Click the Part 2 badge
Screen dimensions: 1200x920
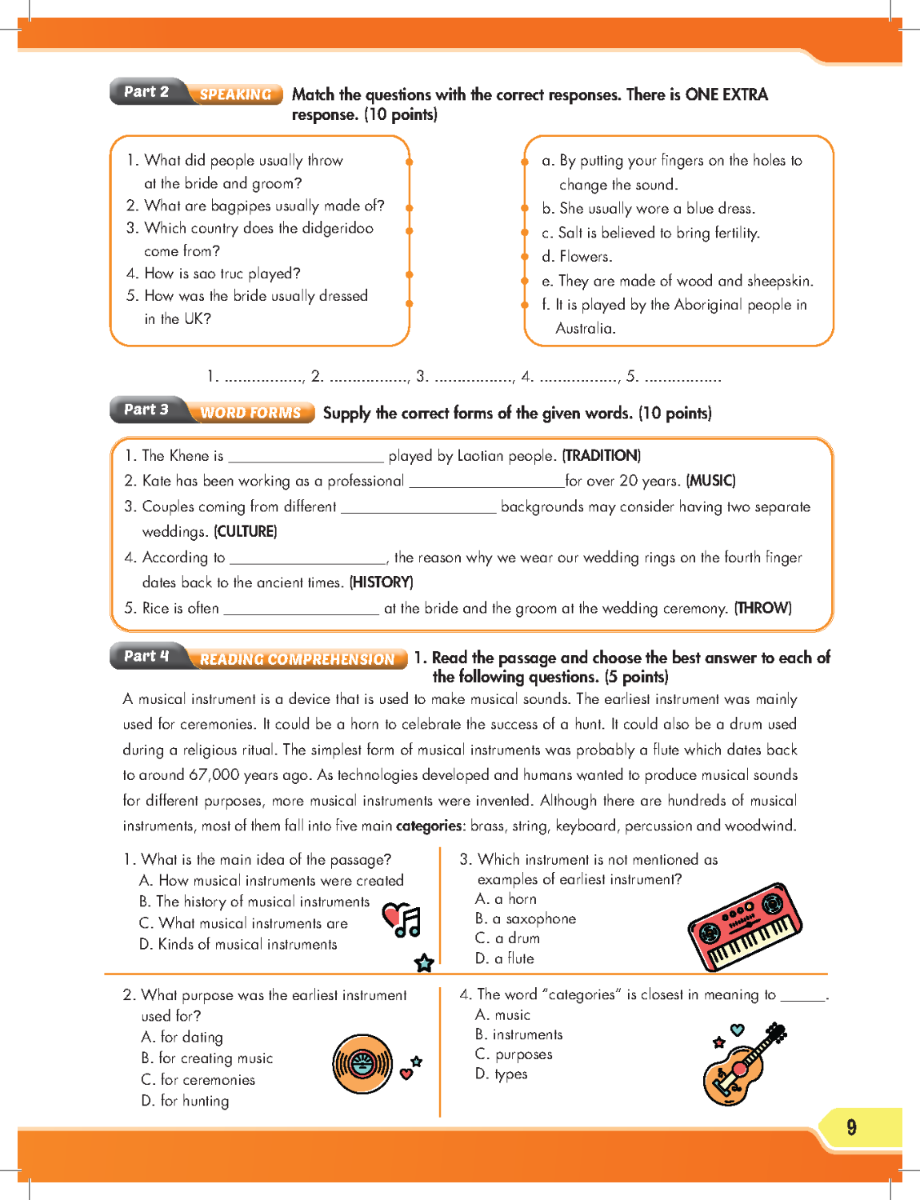coord(146,92)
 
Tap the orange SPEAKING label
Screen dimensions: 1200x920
coord(235,94)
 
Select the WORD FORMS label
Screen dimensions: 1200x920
coord(250,413)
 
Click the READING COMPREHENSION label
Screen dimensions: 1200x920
coord(297,659)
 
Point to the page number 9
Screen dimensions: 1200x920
coord(851,1127)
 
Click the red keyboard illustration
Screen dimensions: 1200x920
coord(744,927)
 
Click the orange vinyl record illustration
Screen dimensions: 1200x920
coord(362,1063)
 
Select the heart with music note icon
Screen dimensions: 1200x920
coord(402,920)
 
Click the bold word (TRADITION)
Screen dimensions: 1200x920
coord(602,456)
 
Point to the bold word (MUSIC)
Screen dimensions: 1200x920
coord(710,481)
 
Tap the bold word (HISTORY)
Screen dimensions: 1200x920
coord(381,582)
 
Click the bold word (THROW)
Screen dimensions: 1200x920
coord(762,608)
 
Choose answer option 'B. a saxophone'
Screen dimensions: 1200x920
coord(526,918)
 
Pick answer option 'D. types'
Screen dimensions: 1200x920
coord(502,1074)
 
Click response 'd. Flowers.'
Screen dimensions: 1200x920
coord(577,257)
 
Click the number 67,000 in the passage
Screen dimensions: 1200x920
coord(215,774)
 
